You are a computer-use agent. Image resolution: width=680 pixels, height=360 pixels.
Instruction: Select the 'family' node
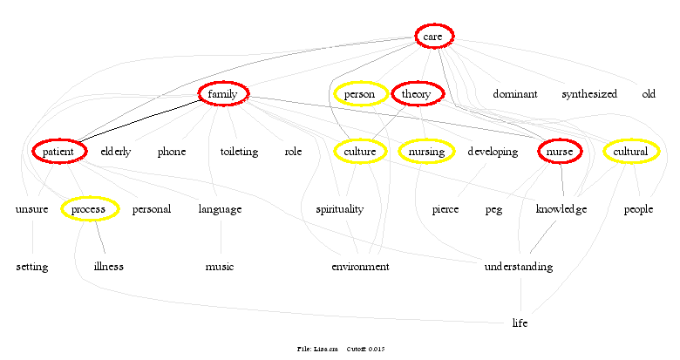(224, 94)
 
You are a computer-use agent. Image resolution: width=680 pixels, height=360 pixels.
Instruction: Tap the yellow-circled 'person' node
(359, 94)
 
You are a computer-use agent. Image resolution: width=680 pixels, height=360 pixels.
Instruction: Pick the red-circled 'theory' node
(418, 94)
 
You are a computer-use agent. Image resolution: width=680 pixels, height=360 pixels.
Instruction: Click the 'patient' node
(60, 152)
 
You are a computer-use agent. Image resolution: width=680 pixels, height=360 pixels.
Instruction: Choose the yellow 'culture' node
(360, 152)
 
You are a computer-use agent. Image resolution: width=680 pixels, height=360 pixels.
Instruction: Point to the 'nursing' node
(426, 152)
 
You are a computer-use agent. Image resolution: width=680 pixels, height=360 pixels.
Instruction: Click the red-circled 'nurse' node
(560, 152)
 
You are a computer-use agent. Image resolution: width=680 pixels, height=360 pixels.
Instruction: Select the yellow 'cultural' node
(630, 152)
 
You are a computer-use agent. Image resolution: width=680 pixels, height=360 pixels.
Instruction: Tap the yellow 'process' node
(88, 209)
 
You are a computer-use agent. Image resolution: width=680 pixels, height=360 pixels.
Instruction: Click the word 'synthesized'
(589, 94)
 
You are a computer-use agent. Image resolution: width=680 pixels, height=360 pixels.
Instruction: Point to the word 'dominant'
(515, 94)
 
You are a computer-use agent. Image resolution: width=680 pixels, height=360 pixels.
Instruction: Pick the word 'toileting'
(239, 152)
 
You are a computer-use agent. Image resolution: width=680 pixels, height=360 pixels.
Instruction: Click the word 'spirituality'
(339, 209)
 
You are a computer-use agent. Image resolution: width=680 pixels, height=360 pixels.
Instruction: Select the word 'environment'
(360, 267)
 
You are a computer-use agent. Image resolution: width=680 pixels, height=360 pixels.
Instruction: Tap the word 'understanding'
(518, 267)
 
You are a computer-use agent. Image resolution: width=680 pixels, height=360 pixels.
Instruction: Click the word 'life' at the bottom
(520, 323)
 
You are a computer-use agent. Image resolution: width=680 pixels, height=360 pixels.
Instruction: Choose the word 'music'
(220, 267)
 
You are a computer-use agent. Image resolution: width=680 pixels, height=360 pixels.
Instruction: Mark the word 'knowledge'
(561, 209)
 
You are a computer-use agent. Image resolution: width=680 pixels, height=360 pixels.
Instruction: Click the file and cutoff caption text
(341, 349)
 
